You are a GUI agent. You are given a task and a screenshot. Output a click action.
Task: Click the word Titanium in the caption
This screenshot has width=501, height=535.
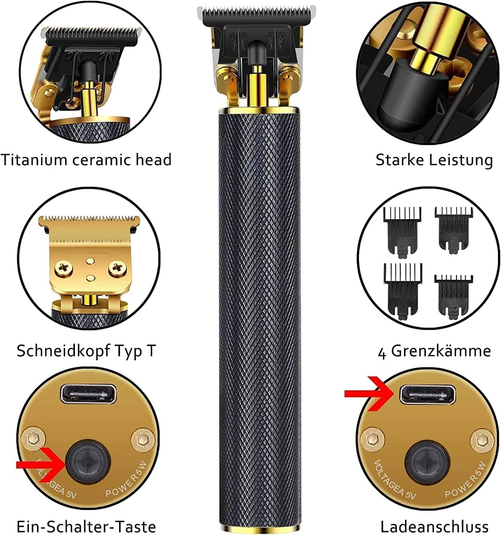34,159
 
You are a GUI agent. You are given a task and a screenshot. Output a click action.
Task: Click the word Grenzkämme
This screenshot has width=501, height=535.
441,351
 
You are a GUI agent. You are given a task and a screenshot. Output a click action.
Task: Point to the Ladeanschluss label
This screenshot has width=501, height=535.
434,526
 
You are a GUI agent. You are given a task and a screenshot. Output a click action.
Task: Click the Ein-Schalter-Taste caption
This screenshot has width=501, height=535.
86,526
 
